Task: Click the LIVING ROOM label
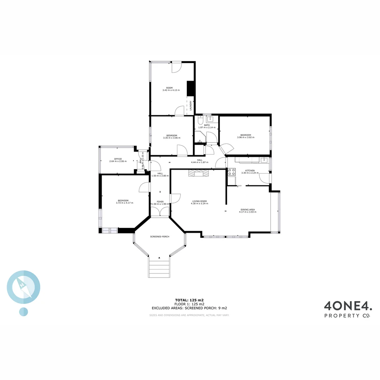199,201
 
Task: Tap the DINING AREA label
248,209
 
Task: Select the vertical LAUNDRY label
190,106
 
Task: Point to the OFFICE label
118,159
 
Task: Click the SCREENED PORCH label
160,237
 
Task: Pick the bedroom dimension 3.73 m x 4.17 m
123,203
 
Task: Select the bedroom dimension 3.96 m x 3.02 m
246,138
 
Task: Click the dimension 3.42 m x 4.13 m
171,90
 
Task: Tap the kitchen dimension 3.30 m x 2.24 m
250,173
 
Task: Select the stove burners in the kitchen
232,172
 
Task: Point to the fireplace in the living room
198,172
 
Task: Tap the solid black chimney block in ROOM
190,88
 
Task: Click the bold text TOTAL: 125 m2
189,300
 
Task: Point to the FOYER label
160,202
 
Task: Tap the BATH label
207,125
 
